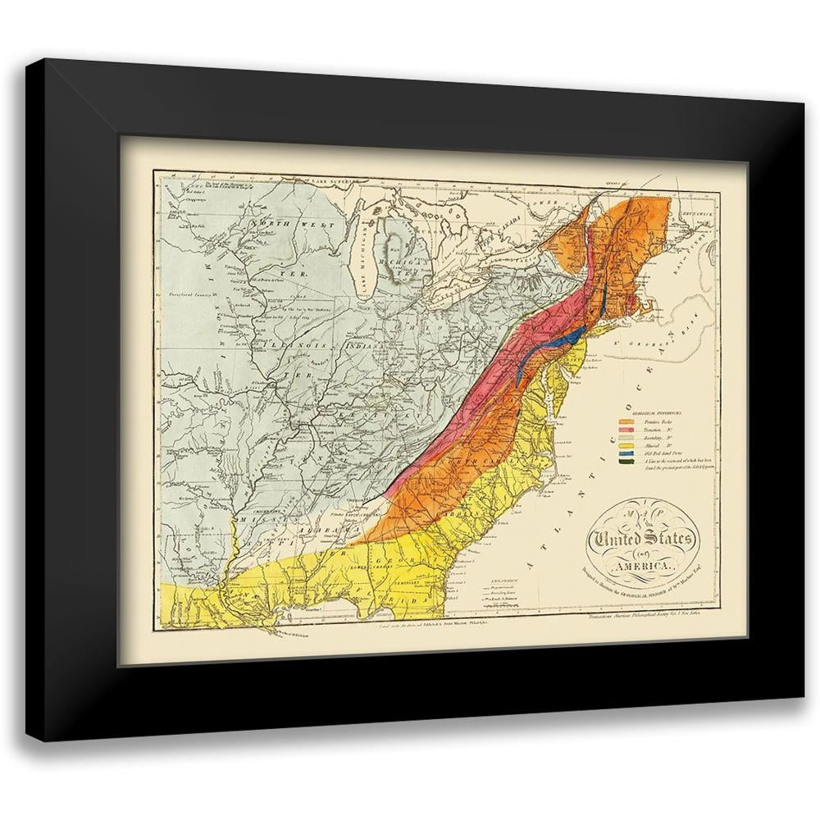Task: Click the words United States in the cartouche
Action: point(642,541)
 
